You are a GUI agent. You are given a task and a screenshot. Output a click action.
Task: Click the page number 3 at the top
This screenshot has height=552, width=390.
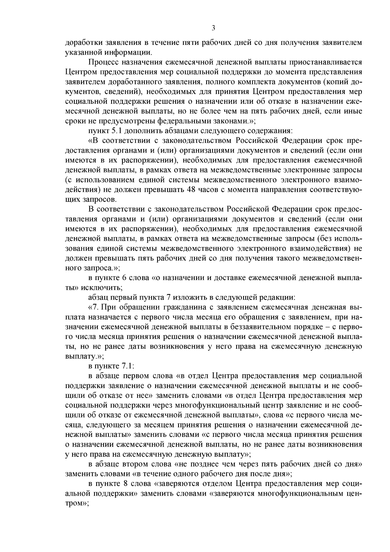213,28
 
